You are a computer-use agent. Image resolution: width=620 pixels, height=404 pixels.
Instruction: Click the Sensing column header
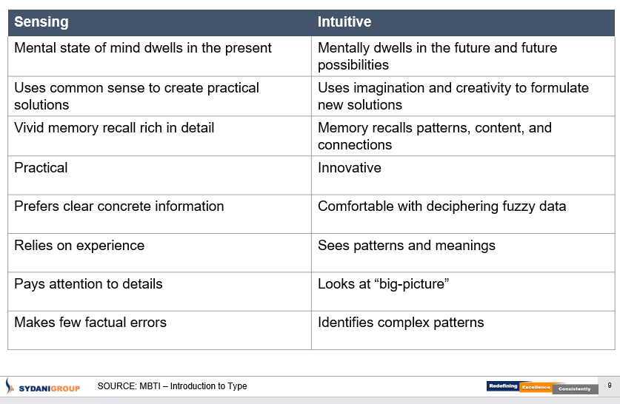[41, 22]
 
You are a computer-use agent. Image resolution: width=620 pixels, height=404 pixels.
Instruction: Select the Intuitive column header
[344, 21]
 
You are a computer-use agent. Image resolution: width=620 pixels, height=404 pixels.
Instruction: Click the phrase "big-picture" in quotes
[411, 284]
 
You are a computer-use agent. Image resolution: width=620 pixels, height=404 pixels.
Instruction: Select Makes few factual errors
[90, 323]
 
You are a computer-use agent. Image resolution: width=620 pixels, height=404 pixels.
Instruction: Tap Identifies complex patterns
[401, 323]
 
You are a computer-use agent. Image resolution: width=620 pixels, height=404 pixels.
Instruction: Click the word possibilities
[353, 65]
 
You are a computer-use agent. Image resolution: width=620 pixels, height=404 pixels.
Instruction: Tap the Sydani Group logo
[43, 386]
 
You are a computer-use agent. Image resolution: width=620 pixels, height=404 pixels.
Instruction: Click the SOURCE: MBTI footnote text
[172, 386]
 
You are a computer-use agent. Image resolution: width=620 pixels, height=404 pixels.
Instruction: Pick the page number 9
[610, 386]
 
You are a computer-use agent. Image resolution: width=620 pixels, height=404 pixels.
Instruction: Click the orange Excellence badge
[536, 388]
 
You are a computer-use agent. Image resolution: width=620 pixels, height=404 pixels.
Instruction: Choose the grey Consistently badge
[574, 389]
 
